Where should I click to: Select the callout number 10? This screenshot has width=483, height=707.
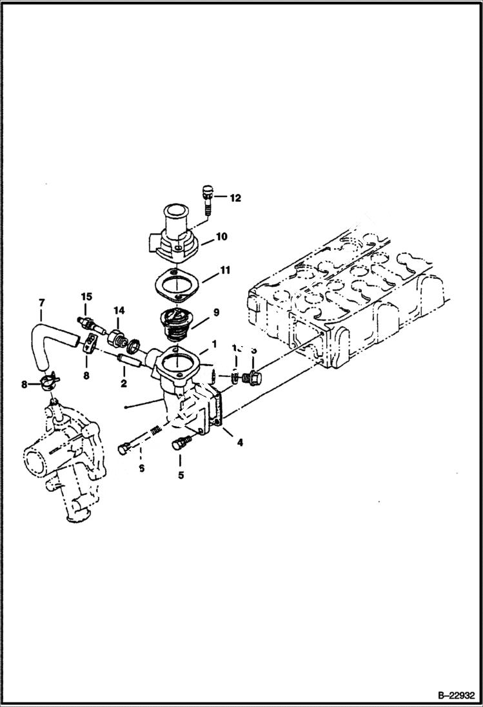click(x=221, y=237)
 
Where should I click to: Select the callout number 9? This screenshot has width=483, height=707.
click(x=216, y=312)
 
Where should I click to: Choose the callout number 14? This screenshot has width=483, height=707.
click(x=119, y=310)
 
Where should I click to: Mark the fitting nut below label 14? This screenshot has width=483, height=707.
click(x=117, y=338)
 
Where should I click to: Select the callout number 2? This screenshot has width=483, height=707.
click(x=123, y=383)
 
